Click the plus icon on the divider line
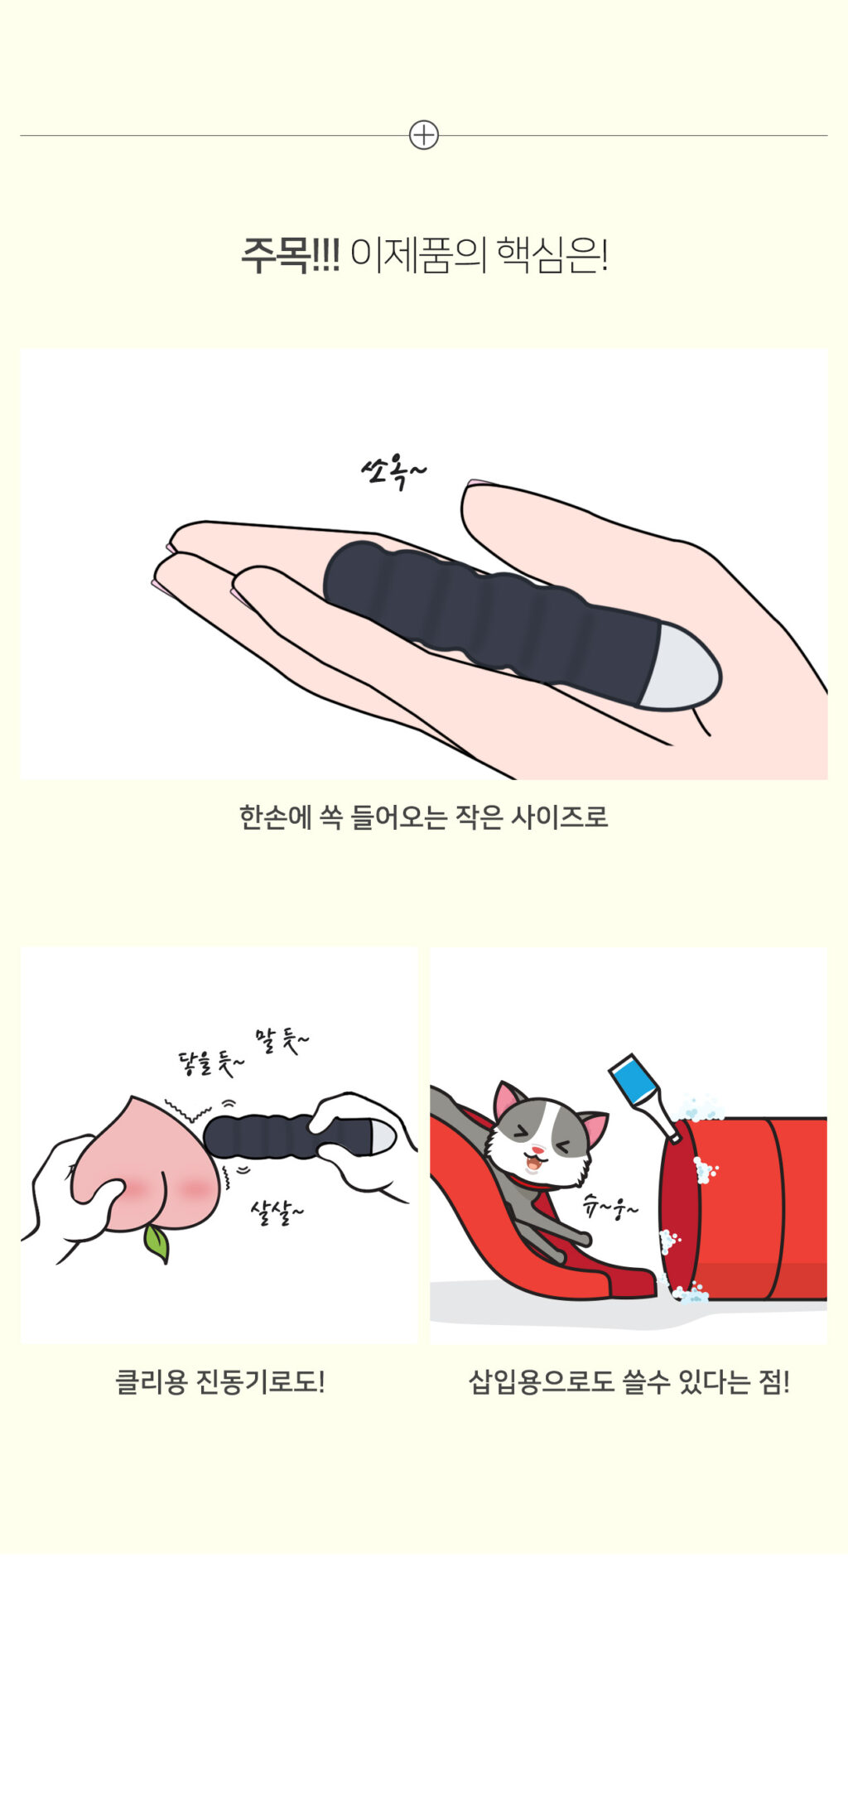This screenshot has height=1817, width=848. click(x=423, y=135)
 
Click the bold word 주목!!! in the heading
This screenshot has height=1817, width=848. click(x=290, y=255)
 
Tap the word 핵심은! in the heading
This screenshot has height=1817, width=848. click(x=552, y=255)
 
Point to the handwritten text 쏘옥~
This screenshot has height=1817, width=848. click(x=393, y=473)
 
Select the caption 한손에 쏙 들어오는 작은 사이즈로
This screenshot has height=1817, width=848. click(x=423, y=817)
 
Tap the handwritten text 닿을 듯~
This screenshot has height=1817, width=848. click(x=211, y=1063)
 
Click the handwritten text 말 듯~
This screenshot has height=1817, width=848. click(x=282, y=1040)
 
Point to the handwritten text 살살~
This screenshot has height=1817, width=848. click(x=277, y=1212)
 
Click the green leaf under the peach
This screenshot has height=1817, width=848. click(x=157, y=1242)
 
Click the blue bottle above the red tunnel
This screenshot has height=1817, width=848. click(x=644, y=1095)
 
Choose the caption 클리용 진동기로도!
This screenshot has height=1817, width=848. click(x=219, y=1381)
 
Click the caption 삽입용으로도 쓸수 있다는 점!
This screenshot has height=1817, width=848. click(x=629, y=1381)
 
